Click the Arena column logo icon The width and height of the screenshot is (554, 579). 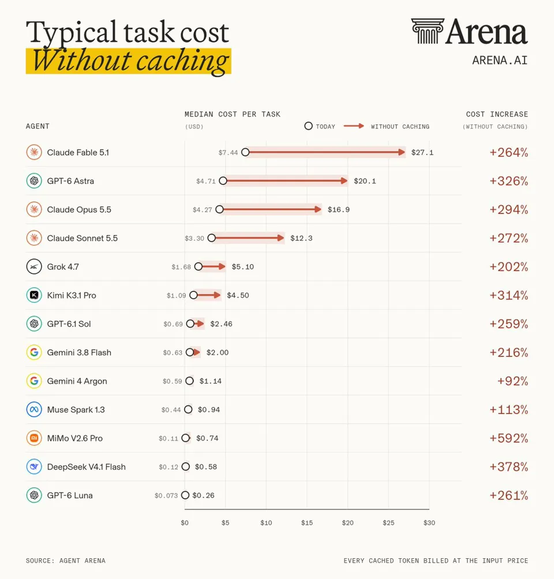(x=428, y=31)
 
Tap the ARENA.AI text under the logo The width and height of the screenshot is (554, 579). (x=500, y=60)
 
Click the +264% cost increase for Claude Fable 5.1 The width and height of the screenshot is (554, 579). (x=509, y=152)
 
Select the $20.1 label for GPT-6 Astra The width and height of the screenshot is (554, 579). (x=365, y=181)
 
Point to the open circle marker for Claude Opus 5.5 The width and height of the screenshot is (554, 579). (x=219, y=209)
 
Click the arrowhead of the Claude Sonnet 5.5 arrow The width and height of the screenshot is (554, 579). (x=280, y=238)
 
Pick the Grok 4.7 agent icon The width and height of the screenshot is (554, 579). (x=34, y=266)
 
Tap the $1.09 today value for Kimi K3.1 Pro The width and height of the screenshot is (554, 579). (x=176, y=295)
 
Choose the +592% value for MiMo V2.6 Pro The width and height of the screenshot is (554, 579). (x=509, y=438)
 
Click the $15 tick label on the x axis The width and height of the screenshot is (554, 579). (x=307, y=522)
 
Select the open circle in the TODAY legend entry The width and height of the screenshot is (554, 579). (x=308, y=126)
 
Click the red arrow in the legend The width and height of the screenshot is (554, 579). (x=354, y=126)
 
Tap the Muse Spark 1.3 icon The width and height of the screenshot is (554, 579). (x=34, y=409)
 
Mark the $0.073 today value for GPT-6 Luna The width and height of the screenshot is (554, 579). (x=166, y=495)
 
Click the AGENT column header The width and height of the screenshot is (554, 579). (x=38, y=126)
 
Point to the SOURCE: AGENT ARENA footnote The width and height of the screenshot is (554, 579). (x=65, y=561)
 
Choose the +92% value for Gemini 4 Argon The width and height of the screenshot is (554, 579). (x=512, y=381)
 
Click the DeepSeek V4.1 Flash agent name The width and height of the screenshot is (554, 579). (x=87, y=467)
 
